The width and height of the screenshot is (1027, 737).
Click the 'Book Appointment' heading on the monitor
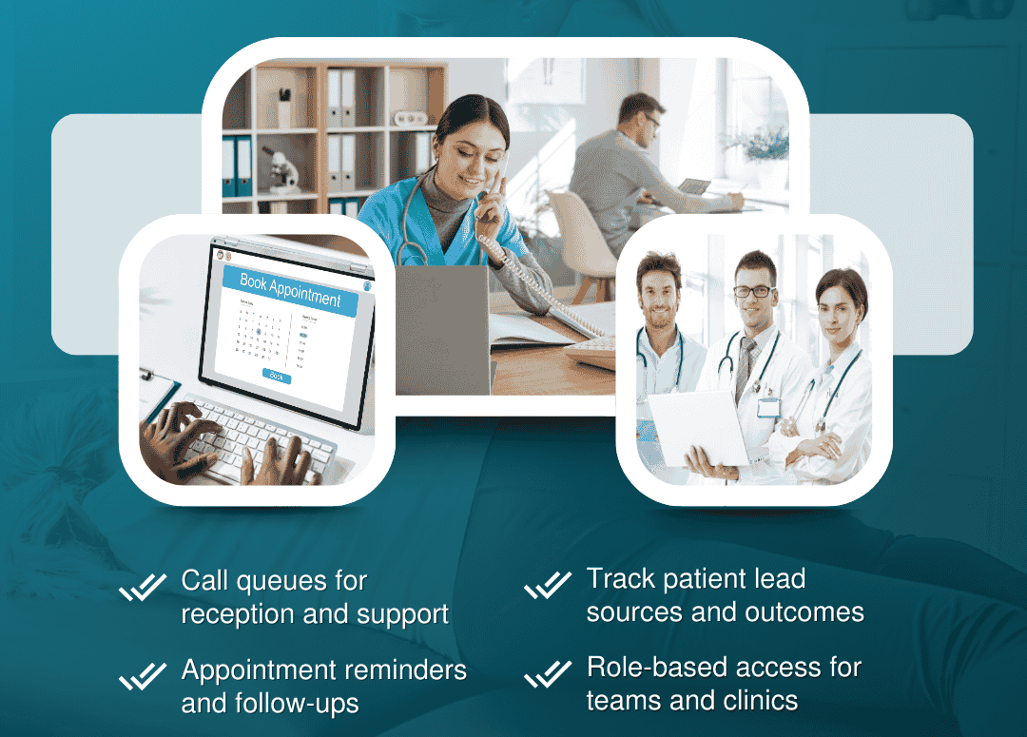point(290,288)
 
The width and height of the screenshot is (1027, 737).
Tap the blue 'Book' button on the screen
point(276,377)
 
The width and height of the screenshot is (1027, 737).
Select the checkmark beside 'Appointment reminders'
point(143,677)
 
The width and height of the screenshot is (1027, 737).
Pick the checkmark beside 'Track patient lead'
point(548,586)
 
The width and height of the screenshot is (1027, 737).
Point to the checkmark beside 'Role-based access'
point(548,674)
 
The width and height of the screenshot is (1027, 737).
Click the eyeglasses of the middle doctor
point(753,292)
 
